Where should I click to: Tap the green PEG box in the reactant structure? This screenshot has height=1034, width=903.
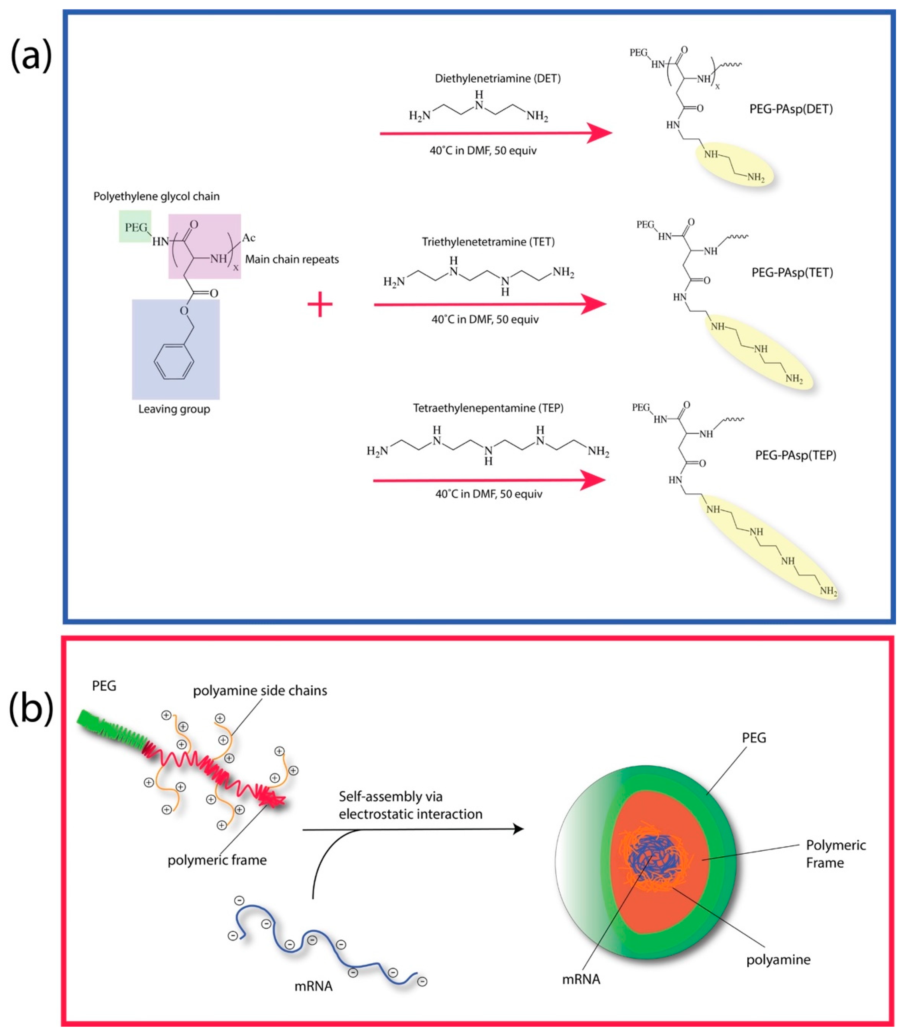pyautogui.click(x=135, y=227)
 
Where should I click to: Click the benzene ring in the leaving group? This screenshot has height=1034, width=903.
pyautogui.click(x=174, y=361)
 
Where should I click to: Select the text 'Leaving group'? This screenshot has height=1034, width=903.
pyautogui.click(x=174, y=409)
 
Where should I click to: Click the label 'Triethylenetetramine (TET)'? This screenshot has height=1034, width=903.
pyautogui.click(x=488, y=242)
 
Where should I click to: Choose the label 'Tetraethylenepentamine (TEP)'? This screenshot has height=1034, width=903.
pyautogui.click(x=488, y=408)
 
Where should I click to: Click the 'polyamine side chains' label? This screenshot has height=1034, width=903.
pyautogui.click(x=260, y=690)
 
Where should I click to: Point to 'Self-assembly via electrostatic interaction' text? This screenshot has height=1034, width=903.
pyautogui.click(x=410, y=805)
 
